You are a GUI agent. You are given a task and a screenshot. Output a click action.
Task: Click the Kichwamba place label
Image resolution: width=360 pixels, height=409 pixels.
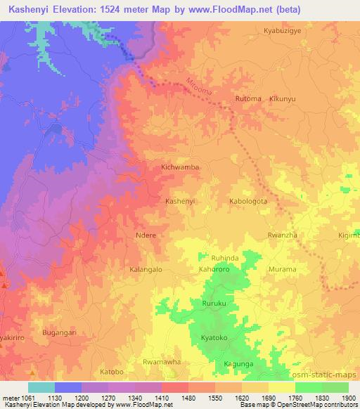[x=180, y=168]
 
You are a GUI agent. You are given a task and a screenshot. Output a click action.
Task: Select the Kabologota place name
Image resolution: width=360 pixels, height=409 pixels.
[x=248, y=201]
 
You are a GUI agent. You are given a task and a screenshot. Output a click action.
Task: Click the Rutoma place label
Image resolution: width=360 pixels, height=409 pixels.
[x=248, y=99]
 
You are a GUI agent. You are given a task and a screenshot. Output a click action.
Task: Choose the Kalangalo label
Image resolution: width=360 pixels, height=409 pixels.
[x=146, y=269]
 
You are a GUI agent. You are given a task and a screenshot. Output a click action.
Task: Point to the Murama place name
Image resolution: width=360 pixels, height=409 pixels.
[x=283, y=269]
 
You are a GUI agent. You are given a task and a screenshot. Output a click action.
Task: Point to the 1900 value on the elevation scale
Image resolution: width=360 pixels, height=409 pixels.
[x=348, y=398]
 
